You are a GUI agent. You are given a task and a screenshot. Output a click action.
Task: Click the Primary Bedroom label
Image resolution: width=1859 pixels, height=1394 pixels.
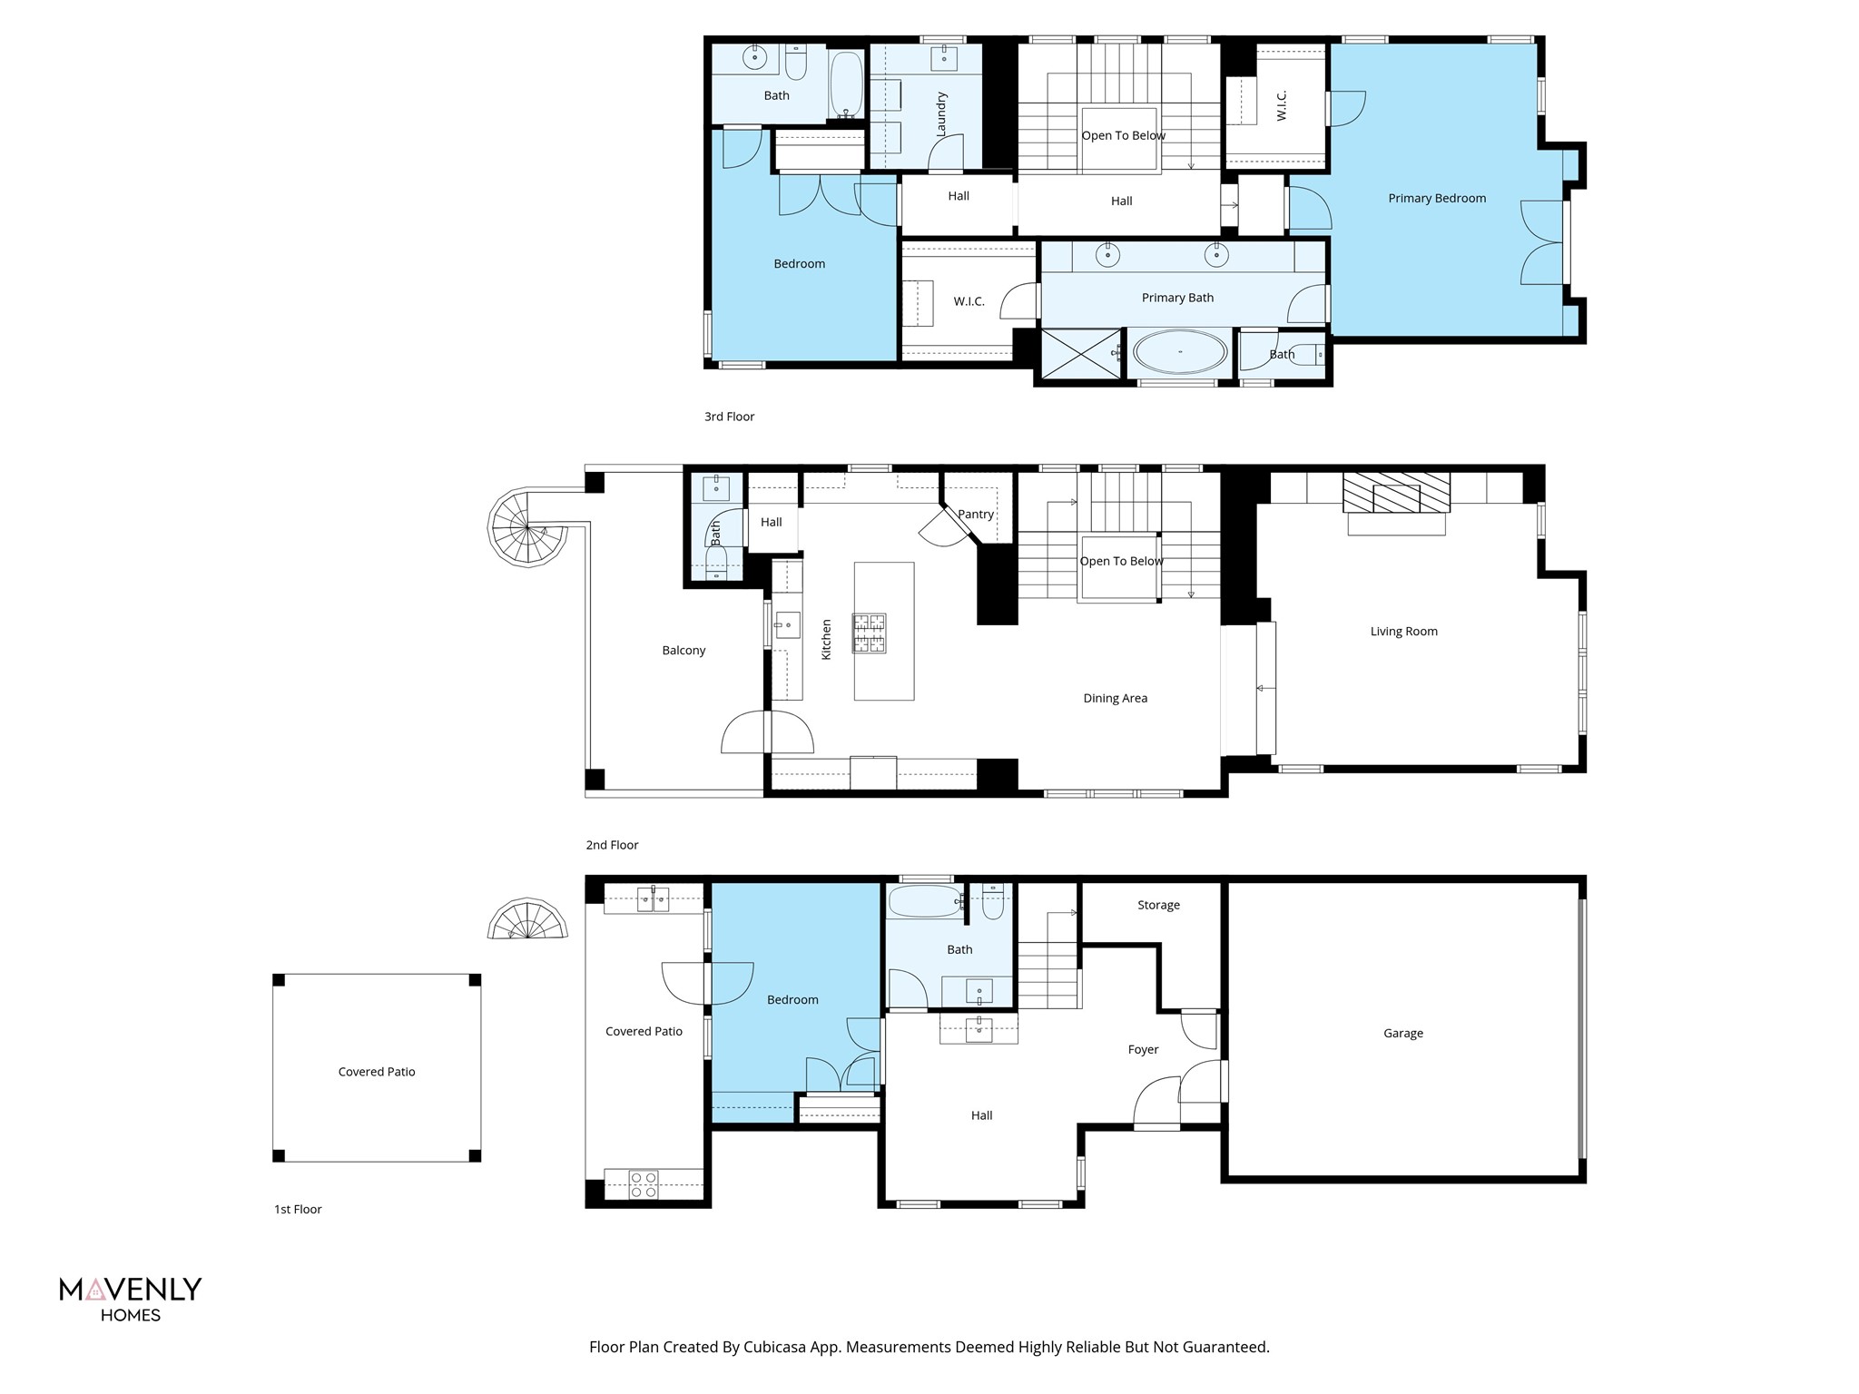[1437, 198]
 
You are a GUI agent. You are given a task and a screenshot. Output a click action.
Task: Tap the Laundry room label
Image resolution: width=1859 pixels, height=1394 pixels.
[941, 114]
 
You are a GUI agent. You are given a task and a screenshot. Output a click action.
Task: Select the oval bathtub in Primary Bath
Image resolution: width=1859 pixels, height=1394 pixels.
[1180, 351]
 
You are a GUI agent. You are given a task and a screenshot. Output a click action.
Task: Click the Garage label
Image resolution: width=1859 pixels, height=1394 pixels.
[1403, 1033]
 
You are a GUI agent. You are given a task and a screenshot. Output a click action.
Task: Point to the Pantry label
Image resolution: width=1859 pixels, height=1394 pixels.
[976, 514]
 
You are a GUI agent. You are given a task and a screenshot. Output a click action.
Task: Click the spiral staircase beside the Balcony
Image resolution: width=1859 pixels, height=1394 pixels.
[527, 527]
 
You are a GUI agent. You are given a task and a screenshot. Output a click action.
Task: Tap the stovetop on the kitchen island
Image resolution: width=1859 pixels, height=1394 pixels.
[869, 633]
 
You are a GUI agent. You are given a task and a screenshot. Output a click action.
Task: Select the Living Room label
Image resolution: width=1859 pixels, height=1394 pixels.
[1403, 632]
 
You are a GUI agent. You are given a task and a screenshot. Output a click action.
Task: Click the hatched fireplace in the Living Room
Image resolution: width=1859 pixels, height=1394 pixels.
[1396, 493]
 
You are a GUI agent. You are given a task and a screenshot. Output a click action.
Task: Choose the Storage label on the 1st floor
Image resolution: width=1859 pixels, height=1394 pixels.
[1158, 905]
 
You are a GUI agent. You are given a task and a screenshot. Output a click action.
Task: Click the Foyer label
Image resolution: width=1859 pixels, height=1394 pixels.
[1143, 1049]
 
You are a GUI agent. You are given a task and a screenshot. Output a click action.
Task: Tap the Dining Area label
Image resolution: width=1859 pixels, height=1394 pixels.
[1115, 698]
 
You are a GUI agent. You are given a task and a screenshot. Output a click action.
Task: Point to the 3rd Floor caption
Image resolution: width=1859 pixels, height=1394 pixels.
[729, 417]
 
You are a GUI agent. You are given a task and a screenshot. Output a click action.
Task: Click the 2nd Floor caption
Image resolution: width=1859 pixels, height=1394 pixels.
[612, 845]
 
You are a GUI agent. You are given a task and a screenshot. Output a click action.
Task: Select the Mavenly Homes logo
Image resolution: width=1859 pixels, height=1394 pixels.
[131, 1299]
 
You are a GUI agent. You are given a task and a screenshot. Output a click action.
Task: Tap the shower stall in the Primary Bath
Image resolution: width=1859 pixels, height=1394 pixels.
[1080, 354]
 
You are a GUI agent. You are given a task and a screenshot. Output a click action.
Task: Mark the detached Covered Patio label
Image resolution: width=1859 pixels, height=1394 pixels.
[377, 1072]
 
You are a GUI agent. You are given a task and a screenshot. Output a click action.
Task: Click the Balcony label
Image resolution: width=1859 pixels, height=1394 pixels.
[684, 651]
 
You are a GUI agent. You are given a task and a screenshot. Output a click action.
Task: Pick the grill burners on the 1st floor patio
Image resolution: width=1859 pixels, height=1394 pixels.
[644, 1184]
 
